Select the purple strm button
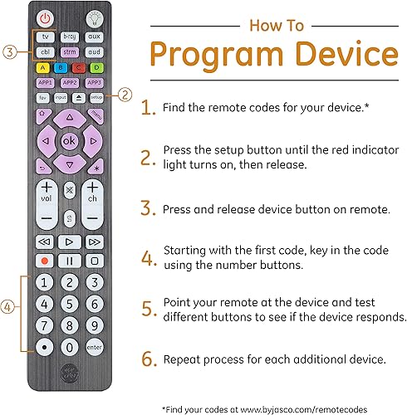point(71,52)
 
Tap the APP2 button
point(71,83)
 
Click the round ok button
point(71,140)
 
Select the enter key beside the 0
point(95,346)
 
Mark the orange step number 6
point(148,360)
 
